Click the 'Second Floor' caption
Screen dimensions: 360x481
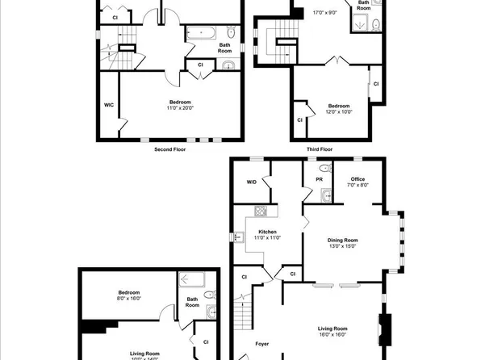(169, 149)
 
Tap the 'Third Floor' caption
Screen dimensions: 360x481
(320, 149)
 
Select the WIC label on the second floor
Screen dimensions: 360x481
(109, 105)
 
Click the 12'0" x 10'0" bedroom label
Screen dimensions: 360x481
(339, 112)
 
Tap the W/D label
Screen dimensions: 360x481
(252, 182)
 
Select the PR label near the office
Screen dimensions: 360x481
(309, 178)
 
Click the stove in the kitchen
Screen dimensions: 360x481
(261, 212)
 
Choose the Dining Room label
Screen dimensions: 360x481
(343, 240)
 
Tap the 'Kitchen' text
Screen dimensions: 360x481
(267, 232)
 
